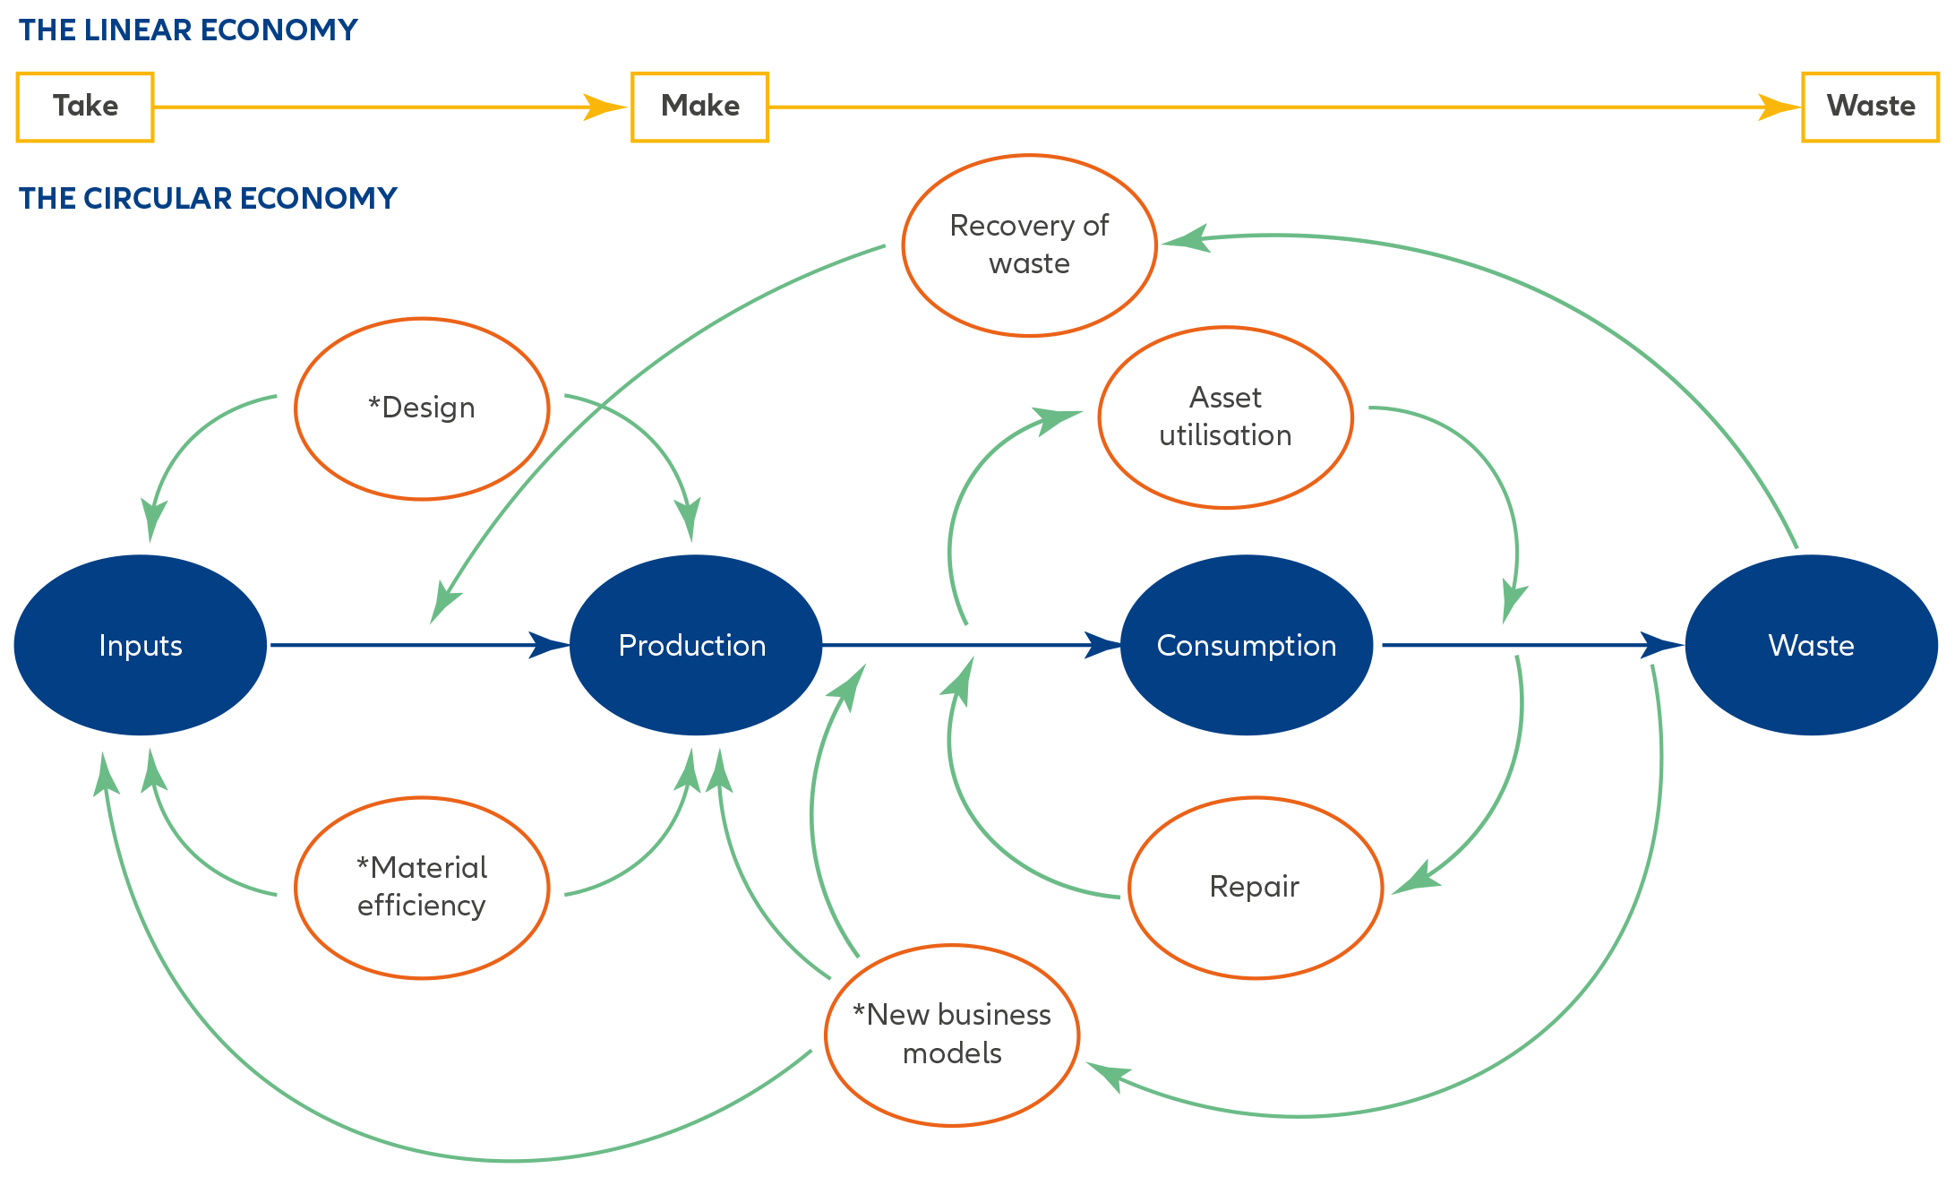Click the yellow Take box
coord(85,107)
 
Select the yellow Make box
coord(699,107)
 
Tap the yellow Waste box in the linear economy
coord(1870,107)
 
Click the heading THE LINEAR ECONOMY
coord(188,30)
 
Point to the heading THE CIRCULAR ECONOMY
coord(208,198)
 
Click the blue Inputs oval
coord(141,645)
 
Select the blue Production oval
coord(695,645)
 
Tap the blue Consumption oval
coord(1246,645)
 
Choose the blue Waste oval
coord(1811,645)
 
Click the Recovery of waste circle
coord(1029,245)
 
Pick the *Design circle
coord(422,408)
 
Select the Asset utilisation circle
coord(1225,417)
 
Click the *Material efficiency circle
coord(422,887)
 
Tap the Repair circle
coord(1255,887)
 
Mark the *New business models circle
coord(952,1035)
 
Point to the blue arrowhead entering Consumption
coord(1102,645)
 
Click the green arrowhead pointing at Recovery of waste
coord(1185,240)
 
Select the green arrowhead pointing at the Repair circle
coord(1417,878)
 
